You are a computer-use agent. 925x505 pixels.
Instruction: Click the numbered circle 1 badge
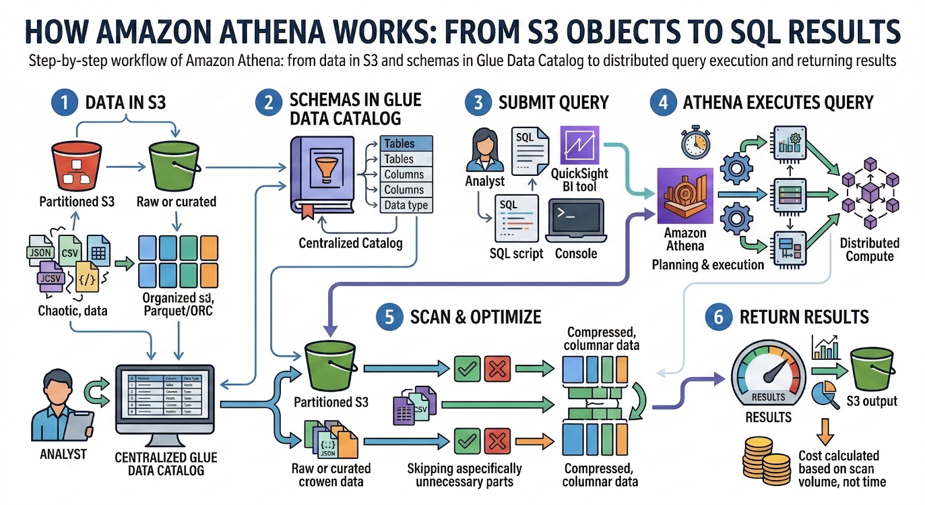click(64, 102)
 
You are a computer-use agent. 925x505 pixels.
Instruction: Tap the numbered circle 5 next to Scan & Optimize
click(389, 317)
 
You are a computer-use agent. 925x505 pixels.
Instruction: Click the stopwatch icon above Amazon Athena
click(695, 142)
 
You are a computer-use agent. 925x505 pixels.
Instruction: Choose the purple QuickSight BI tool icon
click(579, 145)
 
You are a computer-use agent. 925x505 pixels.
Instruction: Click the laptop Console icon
click(576, 221)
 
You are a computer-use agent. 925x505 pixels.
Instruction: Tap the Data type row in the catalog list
click(406, 205)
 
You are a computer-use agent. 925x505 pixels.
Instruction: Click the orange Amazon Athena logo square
click(685, 196)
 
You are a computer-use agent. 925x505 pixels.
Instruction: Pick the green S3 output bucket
click(872, 369)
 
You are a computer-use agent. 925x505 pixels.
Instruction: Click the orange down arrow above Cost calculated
click(825, 432)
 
